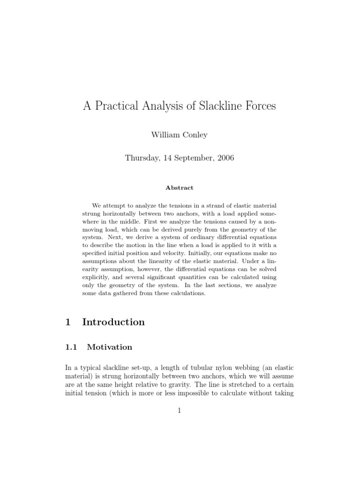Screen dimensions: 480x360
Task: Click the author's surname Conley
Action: [x=195, y=135]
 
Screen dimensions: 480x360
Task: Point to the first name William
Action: [x=165, y=135]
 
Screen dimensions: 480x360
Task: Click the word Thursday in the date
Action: [x=142, y=158]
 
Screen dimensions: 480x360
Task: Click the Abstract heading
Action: [x=180, y=187]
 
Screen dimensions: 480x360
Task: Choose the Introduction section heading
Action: [x=113, y=322]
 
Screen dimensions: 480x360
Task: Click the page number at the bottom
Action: [x=180, y=411]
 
